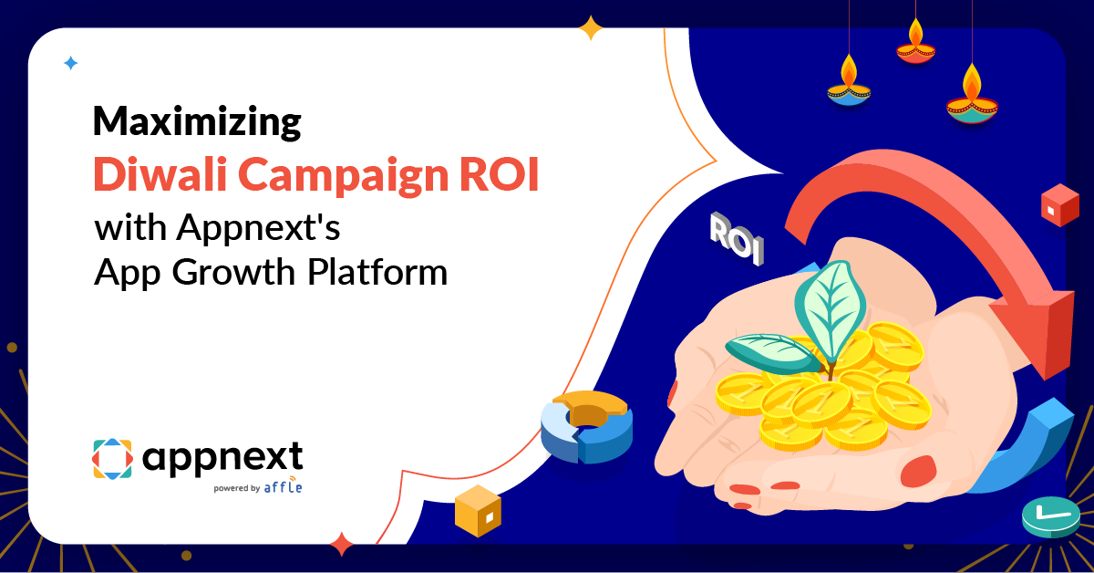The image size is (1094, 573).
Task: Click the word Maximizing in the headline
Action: pyautogui.click(x=197, y=123)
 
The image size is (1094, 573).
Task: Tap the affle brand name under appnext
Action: pyautogui.click(x=283, y=486)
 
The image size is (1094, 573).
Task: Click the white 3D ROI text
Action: pyautogui.click(x=737, y=239)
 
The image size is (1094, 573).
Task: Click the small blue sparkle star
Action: pyautogui.click(x=70, y=63)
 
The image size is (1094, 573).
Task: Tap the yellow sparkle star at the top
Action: pyautogui.click(x=591, y=27)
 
